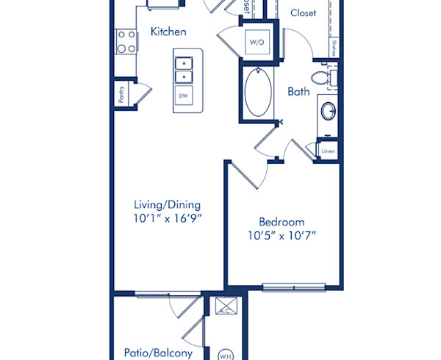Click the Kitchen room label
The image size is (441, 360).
coord(168,32)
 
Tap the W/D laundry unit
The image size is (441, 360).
coord(257,43)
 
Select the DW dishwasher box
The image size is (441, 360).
coord(183,96)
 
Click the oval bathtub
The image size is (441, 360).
coord(257,91)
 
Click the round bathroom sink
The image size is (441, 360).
coord(329,112)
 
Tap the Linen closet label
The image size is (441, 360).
coord(329,151)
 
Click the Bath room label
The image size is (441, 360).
coord(298,92)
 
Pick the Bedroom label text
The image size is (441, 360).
coord(282,222)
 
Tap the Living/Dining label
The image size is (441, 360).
coord(167,205)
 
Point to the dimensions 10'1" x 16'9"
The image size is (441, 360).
coord(168,218)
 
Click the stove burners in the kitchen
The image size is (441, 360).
coord(125,41)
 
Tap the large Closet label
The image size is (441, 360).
coord(304,13)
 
